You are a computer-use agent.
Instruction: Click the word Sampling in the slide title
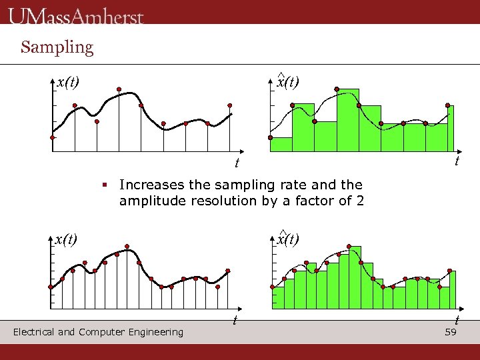click(57, 47)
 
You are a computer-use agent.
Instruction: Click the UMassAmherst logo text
click(76, 15)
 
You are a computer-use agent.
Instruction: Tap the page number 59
click(450, 332)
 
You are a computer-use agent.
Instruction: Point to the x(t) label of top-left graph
click(67, 82)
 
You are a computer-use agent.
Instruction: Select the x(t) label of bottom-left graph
click(66, 239)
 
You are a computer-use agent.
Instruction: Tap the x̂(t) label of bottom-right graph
click(288, 239)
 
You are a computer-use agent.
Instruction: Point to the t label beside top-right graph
click(457, 161)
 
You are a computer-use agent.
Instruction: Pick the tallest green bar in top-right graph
click(347, 120)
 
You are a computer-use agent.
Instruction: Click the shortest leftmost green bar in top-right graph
click(281, 145)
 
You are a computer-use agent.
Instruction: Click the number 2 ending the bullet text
click(360, 201)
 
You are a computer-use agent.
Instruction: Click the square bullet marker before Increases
click(105, 183)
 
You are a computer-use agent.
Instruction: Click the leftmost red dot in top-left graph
click(53, 137)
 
